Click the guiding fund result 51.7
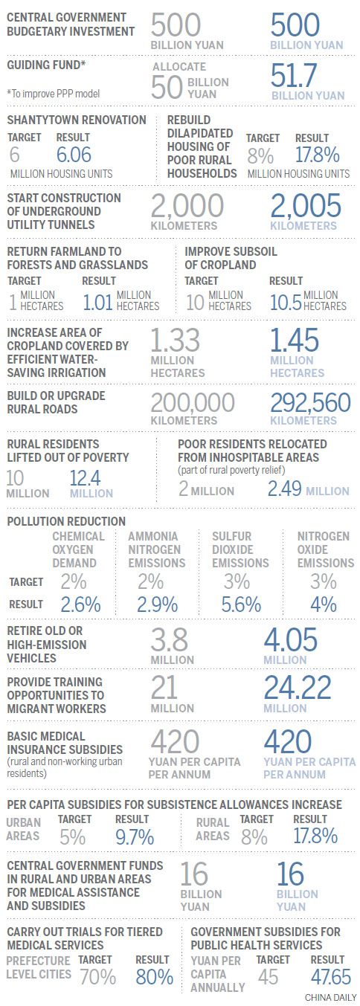click(x=294, y=75)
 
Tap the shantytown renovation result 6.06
click(x=74, y=155)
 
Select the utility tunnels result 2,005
click(x=306, y=206)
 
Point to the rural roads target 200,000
click(x=193, y=403)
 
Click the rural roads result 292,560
click(x=310, y=403)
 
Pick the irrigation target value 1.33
click(x=175, y=341)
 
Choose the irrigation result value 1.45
click(x=295, y=341)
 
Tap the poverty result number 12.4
click(x=85, y=478)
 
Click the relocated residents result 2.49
click(x=284, y=489)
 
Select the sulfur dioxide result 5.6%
click(x=241, y=605)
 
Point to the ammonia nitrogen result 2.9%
click(x=157, y=605)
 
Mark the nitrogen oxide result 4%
click(x=323, y=605)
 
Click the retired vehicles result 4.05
click(x=290, y=640)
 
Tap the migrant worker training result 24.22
click(x=297, y=688)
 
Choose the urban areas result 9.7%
click(x=135, y=837)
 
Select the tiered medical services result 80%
click(x=154, y=977)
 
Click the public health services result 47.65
click(x=331, y=977)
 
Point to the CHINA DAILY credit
click(x=331, y=998)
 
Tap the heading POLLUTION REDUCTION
click(x=66, y=521)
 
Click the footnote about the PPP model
click(x=53, y=94)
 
